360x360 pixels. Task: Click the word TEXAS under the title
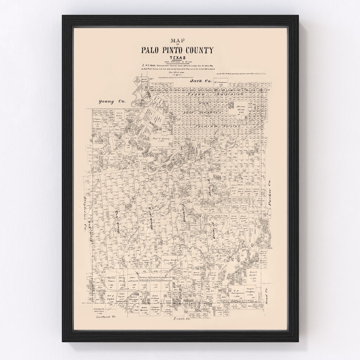(x=177, y=58)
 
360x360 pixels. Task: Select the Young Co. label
(x=111, y=102)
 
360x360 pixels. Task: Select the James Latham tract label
(x=154, y=296)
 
